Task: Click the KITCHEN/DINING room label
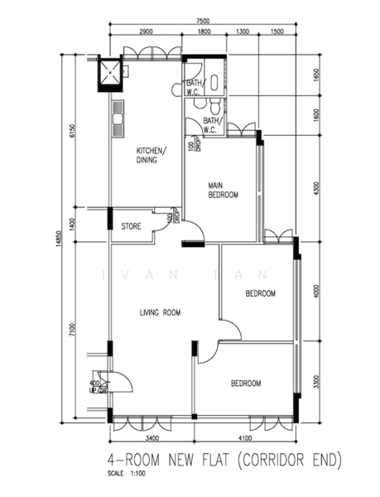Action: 151,155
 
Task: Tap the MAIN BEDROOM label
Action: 223,190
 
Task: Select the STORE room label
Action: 131,225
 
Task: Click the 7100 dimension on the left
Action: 73,331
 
